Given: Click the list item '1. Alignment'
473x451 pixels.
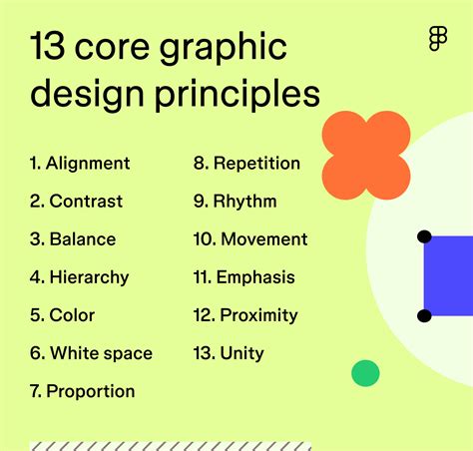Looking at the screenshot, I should (x=80, y=164).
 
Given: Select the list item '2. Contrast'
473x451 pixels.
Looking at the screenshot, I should (x=76, y=202).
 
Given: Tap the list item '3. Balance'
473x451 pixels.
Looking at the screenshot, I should (x=73, y=239).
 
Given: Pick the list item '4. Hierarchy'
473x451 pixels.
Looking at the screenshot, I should (x=79, y=277).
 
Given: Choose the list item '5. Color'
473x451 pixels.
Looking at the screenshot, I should (x=62, y=315).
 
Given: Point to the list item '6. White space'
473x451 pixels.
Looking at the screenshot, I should (x=91, y=353).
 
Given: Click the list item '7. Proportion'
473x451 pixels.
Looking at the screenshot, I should (x=82, y=391).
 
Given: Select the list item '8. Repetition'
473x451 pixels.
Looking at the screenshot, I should (x=246, y=164).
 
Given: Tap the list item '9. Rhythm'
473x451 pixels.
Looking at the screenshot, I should (x=235, y=202).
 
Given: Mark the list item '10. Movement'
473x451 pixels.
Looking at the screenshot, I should (x=250, y=239).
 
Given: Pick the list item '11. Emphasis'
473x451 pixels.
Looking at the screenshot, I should (x=244, y=277).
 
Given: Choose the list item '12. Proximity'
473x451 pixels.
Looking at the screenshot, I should (x=245, y=315).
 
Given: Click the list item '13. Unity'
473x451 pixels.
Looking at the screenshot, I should (x=230, y=353).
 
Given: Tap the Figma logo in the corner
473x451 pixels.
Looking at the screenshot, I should (x=437, y=39).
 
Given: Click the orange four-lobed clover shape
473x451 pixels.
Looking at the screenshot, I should (x=366, y=154).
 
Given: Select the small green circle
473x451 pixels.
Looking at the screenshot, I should (x=365, y=373).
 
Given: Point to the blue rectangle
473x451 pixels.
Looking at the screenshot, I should (x=450, y=276).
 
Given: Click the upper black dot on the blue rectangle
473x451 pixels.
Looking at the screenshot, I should (x=424, y=237).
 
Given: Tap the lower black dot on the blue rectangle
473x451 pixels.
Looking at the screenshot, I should (x=424, y=316).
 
